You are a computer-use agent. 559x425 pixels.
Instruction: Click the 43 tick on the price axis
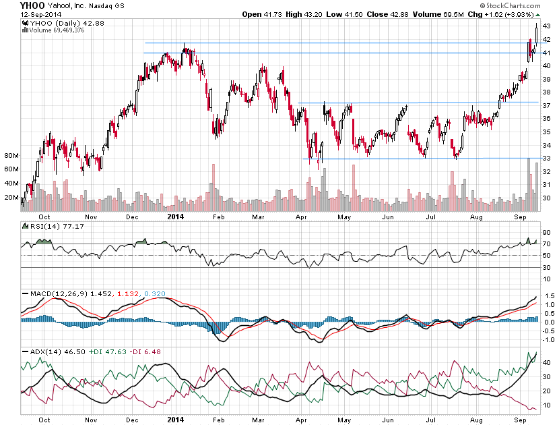(x=547, y=26)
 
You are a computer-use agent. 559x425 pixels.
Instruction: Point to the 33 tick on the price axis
(x=547, y=159)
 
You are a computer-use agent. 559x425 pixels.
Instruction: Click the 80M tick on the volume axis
(x=11, y=156)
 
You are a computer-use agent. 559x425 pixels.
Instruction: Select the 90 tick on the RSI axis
(x=547, y=233)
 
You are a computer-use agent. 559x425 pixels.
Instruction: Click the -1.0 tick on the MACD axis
(x=549, y=339)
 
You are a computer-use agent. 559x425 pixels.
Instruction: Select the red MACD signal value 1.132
(x=129, y=294)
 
